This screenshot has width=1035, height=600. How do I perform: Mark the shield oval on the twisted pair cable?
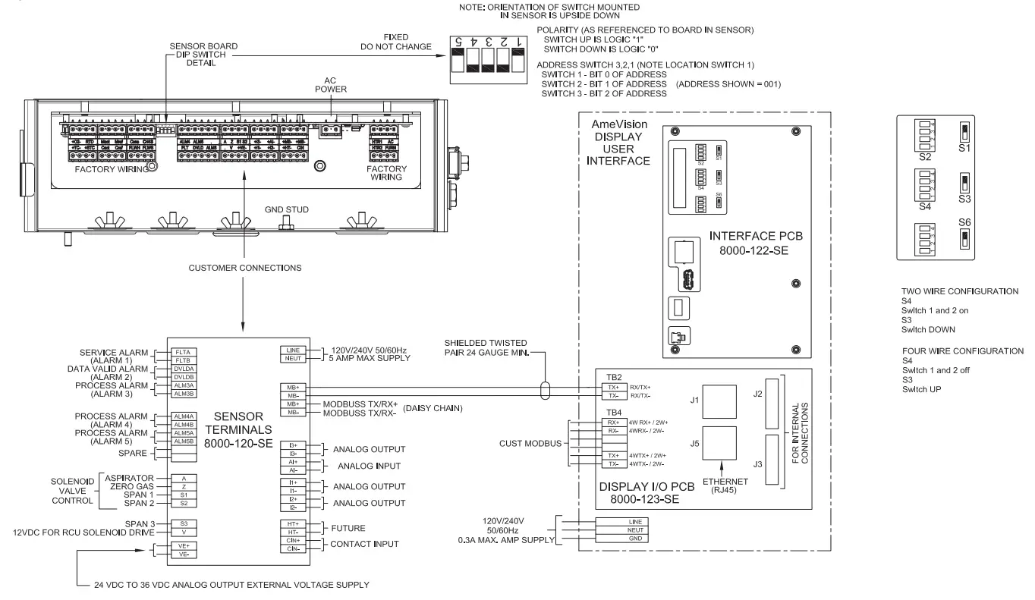coord(544,391)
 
